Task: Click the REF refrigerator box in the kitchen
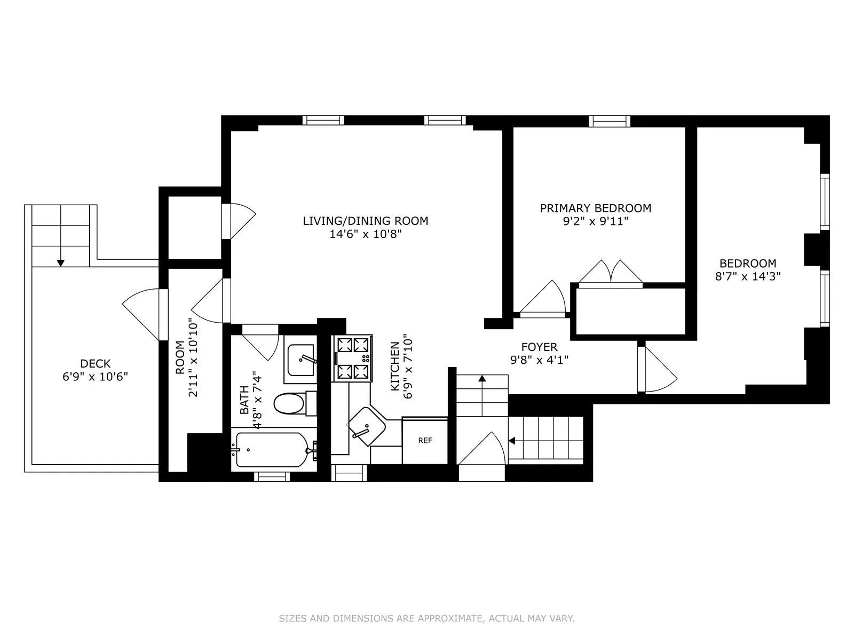425,441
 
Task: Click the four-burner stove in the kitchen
352,358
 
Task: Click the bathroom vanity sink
300,360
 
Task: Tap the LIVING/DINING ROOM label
366,221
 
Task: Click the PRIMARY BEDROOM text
596,208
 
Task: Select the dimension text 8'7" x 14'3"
748,276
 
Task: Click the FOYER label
539,347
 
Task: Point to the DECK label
96,364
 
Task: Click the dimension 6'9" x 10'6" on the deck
96,377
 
